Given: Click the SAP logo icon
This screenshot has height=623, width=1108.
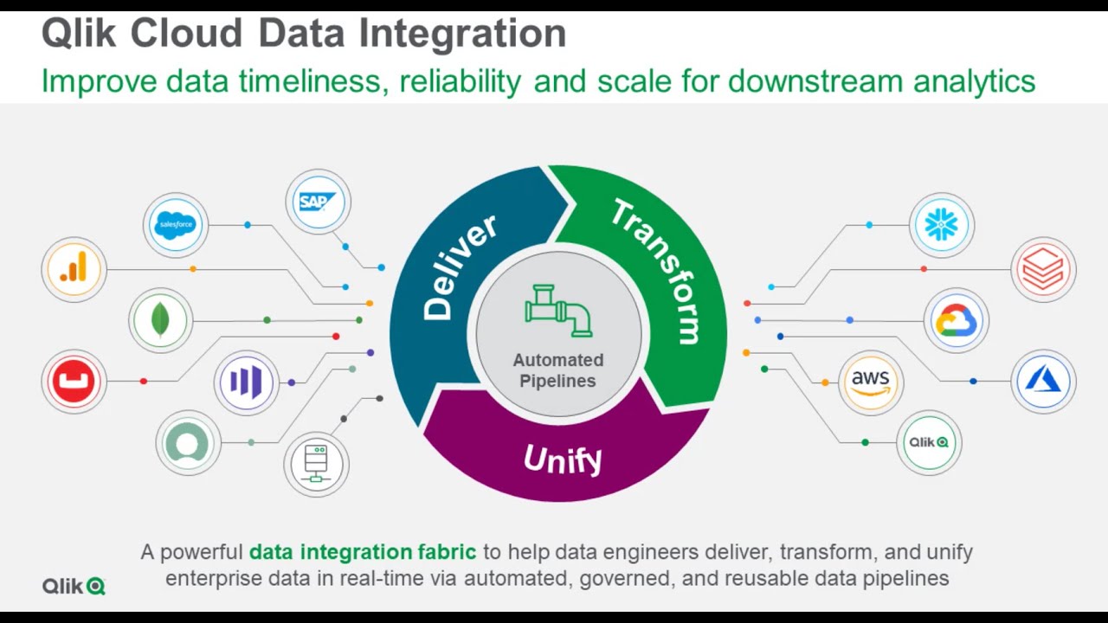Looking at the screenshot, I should click(x=318, y=202).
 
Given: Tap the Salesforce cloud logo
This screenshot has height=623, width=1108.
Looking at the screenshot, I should click(x=176, y=225).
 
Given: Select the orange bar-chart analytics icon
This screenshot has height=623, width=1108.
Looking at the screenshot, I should click(x=74, y=269).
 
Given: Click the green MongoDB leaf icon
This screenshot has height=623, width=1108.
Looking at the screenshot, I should click(x=160, y=320).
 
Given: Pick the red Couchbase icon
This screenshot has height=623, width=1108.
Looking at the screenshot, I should click(x=74, y=381).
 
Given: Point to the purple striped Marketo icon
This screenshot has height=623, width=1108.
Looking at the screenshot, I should click(x=246, y=382).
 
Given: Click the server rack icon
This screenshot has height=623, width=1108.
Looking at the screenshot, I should click(x=316, y=464).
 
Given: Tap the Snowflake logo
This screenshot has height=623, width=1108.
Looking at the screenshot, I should click(x=942, y=225).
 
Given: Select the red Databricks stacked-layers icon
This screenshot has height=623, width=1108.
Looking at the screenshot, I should click(x=1043, y=269).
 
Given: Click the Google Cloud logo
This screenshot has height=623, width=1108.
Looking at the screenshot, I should click(x=956, y=321).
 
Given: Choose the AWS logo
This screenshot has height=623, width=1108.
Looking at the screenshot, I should click(x=871, y=382).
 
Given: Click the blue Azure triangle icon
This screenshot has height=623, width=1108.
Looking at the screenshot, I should click(x=1043, y=382).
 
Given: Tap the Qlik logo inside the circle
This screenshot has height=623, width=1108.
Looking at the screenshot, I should click(x=929, y=442).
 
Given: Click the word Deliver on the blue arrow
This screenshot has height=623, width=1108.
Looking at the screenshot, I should click(x=459, y=267).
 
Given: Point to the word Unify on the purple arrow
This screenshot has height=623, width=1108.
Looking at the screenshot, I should click(x=562, y=459).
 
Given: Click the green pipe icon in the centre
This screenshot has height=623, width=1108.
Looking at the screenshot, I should click(x=558, y=310).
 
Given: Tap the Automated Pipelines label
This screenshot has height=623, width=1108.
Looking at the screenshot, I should click(x=558, y=370).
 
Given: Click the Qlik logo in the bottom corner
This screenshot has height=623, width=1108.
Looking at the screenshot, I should click(x=74, y=586).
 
